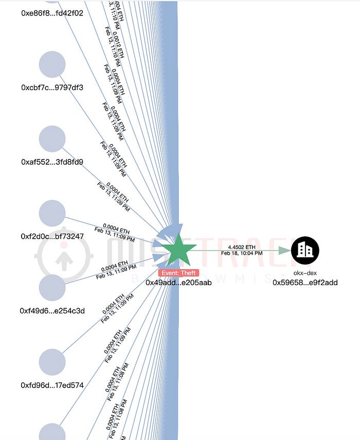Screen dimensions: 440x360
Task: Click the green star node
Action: [x=178, y=250]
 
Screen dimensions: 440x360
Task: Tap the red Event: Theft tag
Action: [x=178, y=273]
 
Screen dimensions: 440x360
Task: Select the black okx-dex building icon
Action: [x=305, y=250]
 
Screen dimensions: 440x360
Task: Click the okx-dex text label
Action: [x=305, y=273]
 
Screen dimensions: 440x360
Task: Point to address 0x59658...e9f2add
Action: [x=305, y=282]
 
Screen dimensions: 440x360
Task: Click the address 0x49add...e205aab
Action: [x=178, y=282]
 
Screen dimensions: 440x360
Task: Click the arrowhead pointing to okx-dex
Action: [x=284, y=250]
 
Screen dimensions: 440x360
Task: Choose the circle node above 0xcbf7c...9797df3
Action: [x=52, y=64]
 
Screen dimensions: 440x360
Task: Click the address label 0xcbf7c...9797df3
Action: [x=52, y=87]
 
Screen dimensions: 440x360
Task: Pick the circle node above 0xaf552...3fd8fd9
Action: [x=52, y=139]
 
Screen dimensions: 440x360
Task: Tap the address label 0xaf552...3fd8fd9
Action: [x=52, y=162]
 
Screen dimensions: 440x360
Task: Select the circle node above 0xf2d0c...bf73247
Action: [x=52, y=213]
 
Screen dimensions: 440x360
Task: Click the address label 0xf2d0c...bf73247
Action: [x=52, y=236]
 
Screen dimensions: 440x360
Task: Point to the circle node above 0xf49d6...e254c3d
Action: [x=52, y=287]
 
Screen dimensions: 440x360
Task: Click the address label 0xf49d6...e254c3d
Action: [x=52, y=310]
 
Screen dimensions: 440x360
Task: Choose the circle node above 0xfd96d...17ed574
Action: [x=52, y=362]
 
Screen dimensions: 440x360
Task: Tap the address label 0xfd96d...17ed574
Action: [x=52, y=385]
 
